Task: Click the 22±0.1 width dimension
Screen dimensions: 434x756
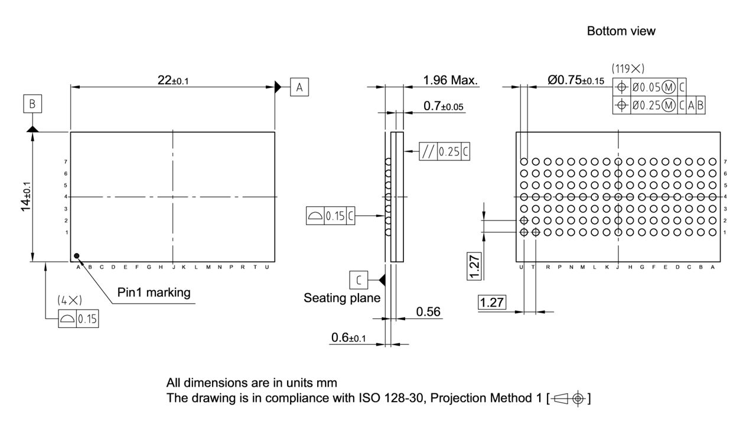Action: click(x=173, y=80)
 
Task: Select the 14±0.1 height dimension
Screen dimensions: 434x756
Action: click(x=27, y=196)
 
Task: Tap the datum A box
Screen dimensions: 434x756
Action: click(x=299, y=87)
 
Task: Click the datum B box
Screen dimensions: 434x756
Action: click(x=32, y=104)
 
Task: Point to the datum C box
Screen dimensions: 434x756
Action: click(x=358, y=279)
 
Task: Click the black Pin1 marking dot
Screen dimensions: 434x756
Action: click(x=76, y=256)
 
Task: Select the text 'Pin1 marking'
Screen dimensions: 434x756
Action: click(x=154, y=292)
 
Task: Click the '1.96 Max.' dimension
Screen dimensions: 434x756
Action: click(x=450, y=80)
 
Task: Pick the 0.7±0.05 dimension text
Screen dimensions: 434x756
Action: click(x=444, y=106)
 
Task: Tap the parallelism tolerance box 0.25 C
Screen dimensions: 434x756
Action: click(x=445, y=152)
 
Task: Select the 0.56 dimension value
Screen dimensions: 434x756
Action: click(x=429, y=311)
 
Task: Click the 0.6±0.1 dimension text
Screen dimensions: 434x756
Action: click(x=348, y=337)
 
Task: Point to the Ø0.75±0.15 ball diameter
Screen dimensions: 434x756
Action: click(x=576, y=81)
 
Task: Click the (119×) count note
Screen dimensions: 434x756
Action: click(x=628, y=68)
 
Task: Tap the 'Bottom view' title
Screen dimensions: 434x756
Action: click(x=621, y=31)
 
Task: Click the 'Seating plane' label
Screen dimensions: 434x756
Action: click(x=342, y=298)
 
